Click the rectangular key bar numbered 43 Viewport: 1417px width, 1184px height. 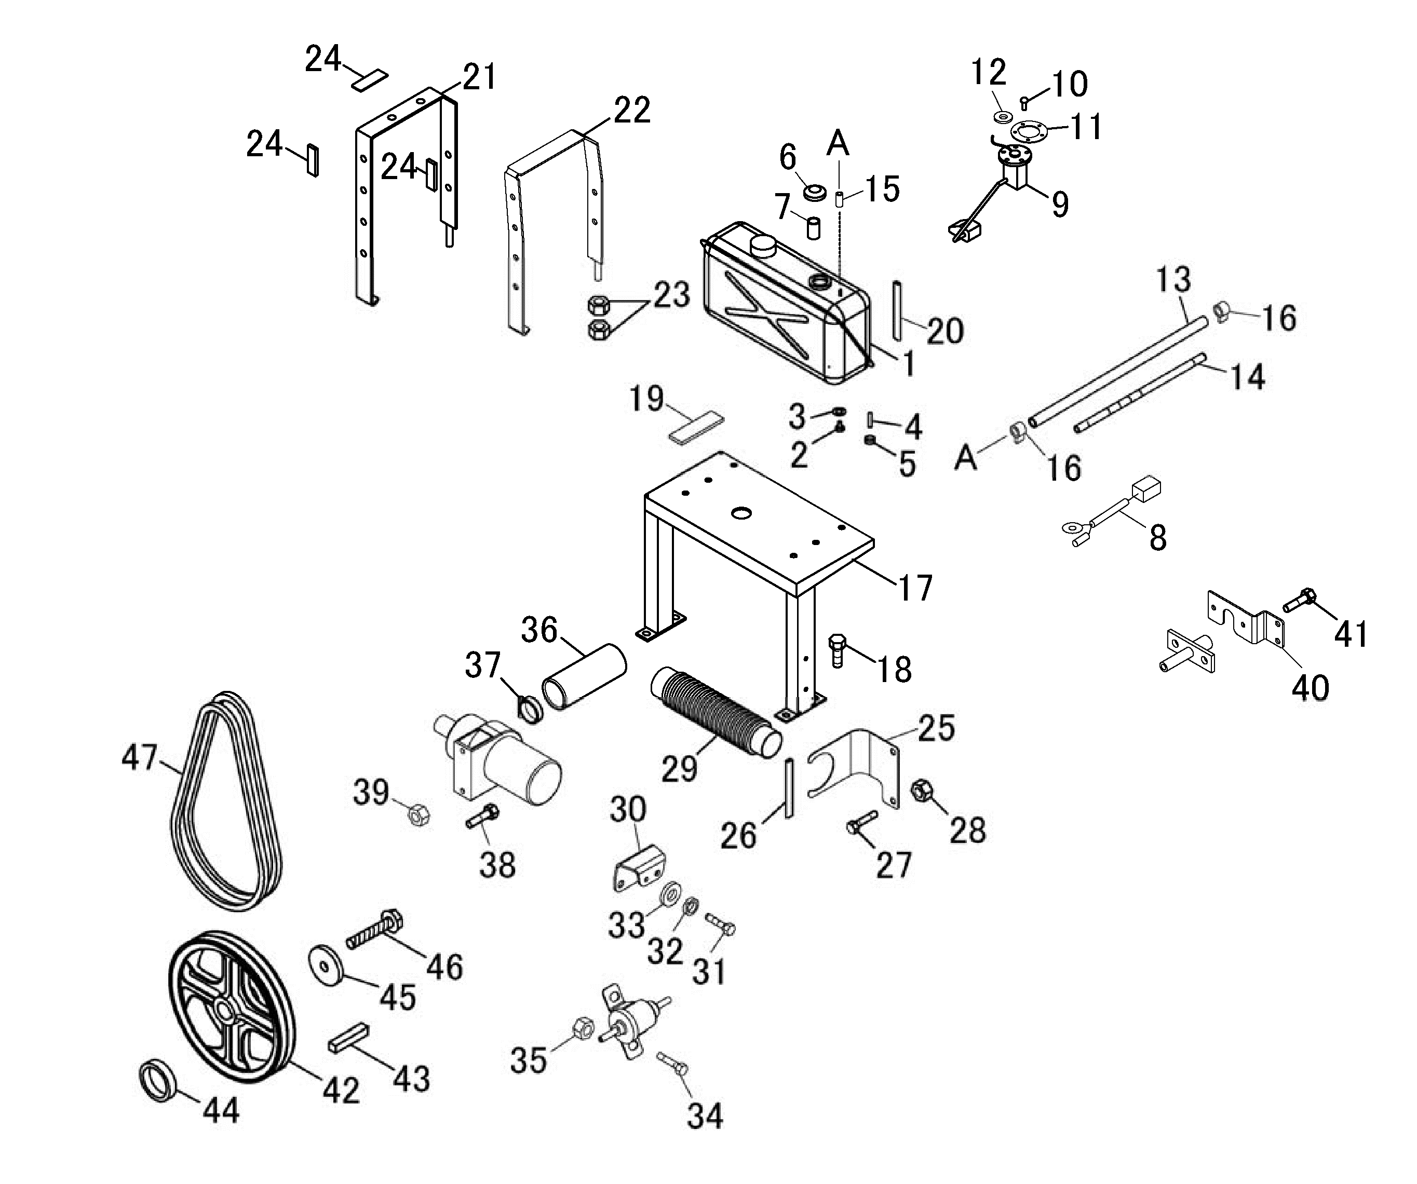pos(348,1037)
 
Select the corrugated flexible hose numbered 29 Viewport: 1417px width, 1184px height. pos(715,713)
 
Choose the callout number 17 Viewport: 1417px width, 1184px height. pos(914,588)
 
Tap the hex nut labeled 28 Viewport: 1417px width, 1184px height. pos(922,790)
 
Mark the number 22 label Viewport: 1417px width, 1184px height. pos(631,110)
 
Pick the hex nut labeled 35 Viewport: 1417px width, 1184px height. pos(582,1029)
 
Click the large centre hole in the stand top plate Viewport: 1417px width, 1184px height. pos(741,513)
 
